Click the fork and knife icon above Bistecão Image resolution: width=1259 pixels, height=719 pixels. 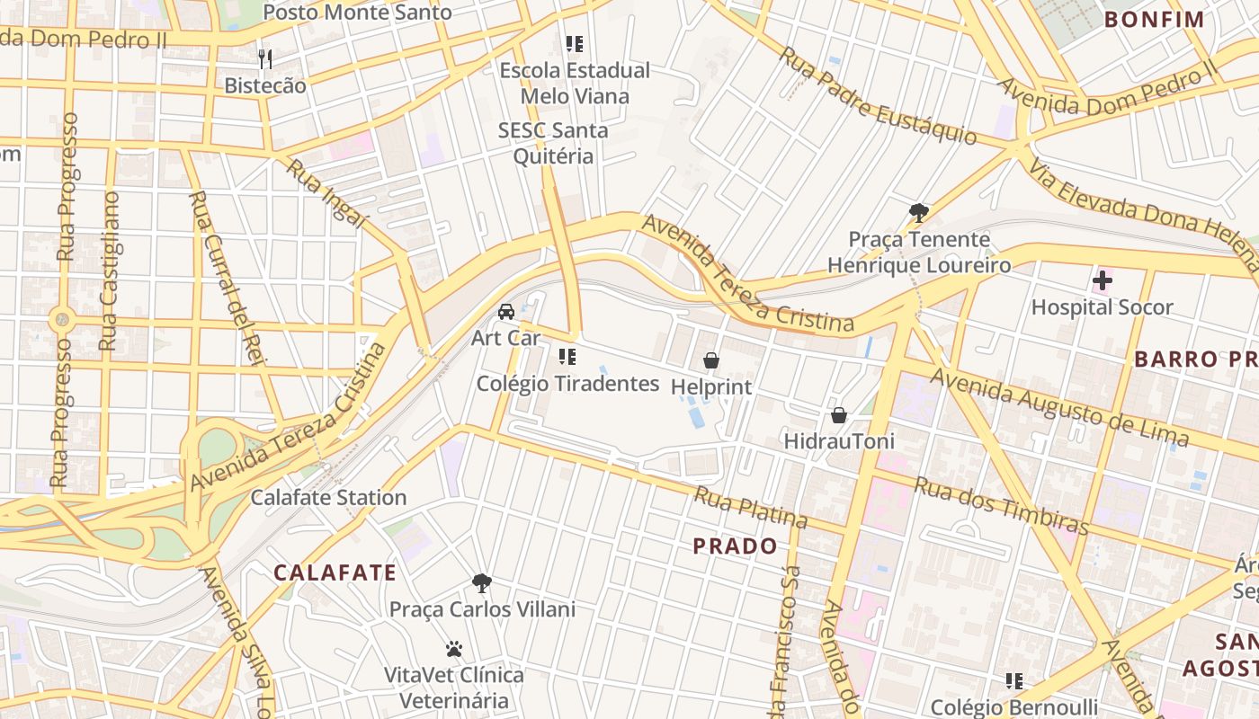[x=265, y=59]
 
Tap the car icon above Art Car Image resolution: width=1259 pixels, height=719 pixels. [x=506, y=312]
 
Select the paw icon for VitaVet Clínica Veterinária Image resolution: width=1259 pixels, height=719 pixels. [x=454, y=648]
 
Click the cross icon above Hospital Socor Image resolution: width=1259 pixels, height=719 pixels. [x=1102, y=280]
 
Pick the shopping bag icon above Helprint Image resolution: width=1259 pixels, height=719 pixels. [x=711, y=360]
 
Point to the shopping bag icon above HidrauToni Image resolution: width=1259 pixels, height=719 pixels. [x=839, y=415]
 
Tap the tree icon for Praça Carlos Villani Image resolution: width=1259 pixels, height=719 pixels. [x=482, y=583]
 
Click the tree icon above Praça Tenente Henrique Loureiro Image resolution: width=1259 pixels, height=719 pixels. [x=918, y=213]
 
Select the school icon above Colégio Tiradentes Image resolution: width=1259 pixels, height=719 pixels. [x=567, y=357]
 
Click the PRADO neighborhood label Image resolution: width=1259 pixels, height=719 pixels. [x=735, y=546]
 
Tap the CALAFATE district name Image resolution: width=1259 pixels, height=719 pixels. [x=335, y=573]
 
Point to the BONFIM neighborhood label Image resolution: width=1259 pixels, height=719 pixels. [x=1154, y=19]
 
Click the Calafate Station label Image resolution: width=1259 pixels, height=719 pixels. [x=328, y=497]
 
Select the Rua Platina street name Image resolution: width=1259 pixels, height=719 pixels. [x=750, y=507]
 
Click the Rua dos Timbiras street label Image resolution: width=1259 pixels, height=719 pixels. [x=1002, y=505]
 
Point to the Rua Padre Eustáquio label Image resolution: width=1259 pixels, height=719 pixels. [x=877, y=95]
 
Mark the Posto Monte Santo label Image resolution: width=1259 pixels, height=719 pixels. [x=357, y=13]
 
